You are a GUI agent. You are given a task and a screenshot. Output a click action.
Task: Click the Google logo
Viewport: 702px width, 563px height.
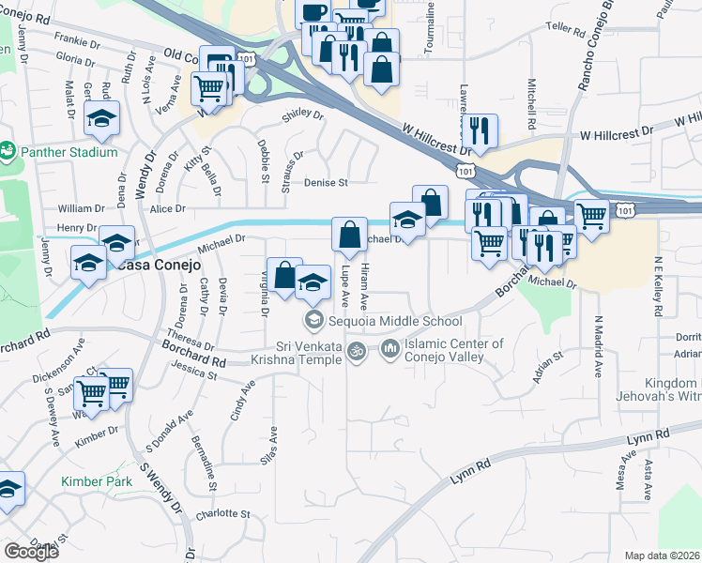pos(31,551)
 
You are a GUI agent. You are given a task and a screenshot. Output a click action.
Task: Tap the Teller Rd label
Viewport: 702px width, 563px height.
pos(564,28)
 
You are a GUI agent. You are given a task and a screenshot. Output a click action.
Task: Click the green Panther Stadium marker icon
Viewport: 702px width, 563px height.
pos(8,151)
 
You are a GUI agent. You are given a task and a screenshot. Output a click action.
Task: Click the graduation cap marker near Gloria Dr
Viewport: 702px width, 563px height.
pos(101,118)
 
